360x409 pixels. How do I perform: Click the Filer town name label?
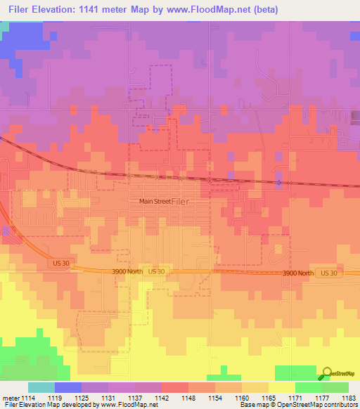click(x=180, y=201)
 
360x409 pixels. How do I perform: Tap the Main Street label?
click(x=155, y=201)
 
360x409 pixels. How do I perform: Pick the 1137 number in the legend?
click(x=135, y=398)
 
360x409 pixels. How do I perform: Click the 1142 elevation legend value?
click(x=162, y=398)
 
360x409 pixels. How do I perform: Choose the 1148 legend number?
click(x=188, y=398)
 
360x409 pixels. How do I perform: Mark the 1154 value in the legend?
click(x=215, y=398)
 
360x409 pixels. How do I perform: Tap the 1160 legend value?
click(x=242, y=398)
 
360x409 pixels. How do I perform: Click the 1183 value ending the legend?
click(x=347, y=398)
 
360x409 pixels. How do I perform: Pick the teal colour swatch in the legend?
click(x=41, y=387)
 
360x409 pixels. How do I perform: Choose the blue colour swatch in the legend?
click(x=68, y=387)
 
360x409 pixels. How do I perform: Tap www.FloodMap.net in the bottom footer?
click(x=126, y=405)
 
